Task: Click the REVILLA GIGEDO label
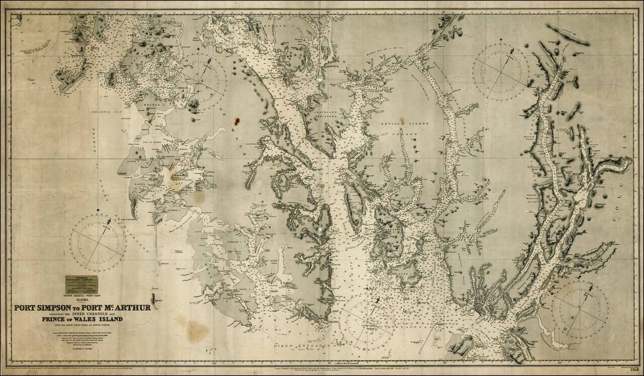pyautogui.click(x=397, y=122)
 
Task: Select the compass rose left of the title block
pyautogui.click(x=98, y=243)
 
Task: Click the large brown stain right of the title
pyautogui.click(x=197, y=330)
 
